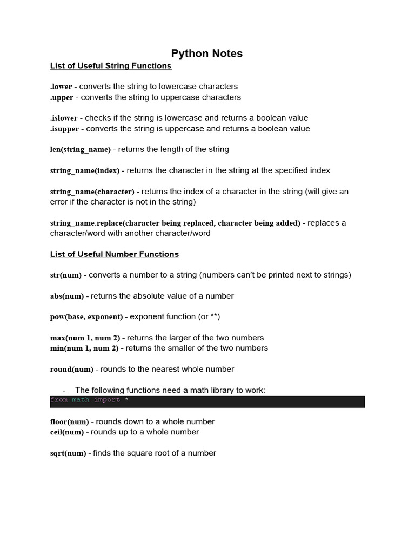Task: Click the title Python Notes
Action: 207,54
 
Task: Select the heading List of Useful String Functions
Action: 111,66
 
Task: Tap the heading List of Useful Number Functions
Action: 114,254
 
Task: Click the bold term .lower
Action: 61,87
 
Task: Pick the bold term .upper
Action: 62,98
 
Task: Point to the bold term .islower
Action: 64,118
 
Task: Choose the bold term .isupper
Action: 64,129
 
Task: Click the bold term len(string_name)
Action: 81,150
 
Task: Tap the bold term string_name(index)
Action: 85,171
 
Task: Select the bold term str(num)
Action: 66,275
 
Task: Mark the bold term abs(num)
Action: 66,296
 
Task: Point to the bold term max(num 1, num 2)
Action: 85,338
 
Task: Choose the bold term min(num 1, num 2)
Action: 84,348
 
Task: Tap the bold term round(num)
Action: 72,370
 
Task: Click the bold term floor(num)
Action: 69,422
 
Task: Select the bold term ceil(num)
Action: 68,432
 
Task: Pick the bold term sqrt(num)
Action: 68,453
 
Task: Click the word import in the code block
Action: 106,400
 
